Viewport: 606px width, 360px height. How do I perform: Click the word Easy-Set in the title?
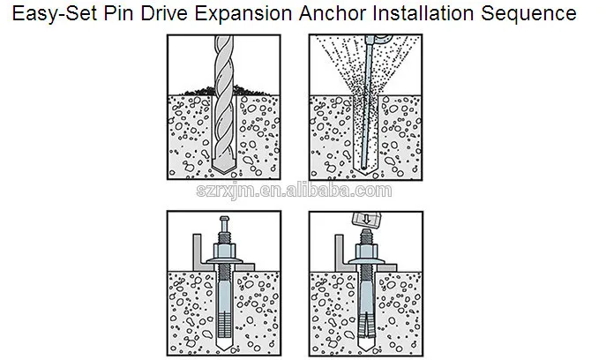click(55, 14)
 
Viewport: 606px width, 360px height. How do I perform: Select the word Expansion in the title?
click(243, 14)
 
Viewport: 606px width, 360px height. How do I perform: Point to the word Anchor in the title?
click(333, 13)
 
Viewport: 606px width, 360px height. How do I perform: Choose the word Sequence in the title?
click(528, 14)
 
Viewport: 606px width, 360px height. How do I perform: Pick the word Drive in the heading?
click(164, 13)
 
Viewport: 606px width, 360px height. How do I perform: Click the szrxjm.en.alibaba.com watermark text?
click(294, 191)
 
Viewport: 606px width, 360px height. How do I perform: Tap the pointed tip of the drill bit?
click(223, 172)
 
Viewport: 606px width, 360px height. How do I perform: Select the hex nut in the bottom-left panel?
click(224, 251)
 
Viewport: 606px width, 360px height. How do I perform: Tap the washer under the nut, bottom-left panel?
click(224, 261)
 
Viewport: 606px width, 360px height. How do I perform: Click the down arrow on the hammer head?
click(367, 219)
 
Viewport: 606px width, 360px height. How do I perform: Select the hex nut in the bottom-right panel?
click(366, 251)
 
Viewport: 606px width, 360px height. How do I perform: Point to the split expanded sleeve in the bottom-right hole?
click(366, 326)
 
